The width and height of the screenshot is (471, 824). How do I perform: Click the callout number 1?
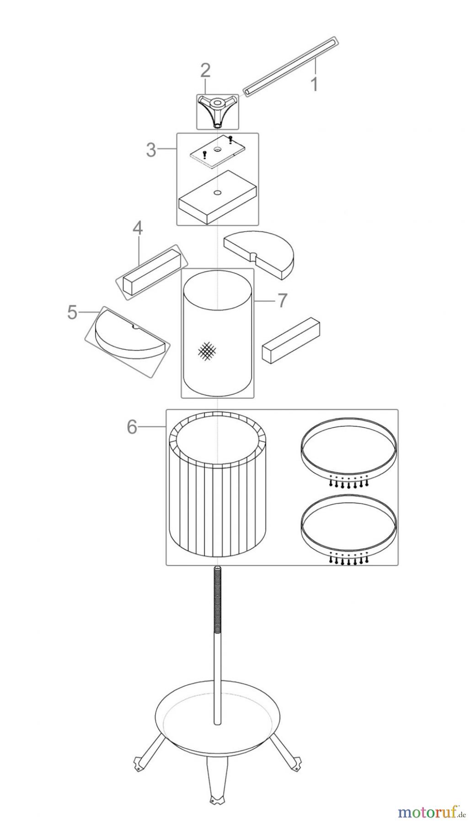(x=314, y=84)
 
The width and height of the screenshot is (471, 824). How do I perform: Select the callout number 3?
(x=151, y=150)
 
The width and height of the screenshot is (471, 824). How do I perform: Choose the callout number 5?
(x=72, y=313)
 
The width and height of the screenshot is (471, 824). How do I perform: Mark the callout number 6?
(x=132, y=427)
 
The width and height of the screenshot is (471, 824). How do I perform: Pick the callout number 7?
(x=282, y=300)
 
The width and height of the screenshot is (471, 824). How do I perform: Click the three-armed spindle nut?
(x=217, y=108)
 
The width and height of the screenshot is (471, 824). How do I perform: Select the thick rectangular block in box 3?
(x=218, y=197)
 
